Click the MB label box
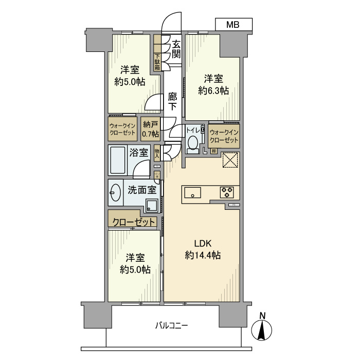[x=233, y=24]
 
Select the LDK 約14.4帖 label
[x=202, y=249]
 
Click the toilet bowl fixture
[x=193, y=142]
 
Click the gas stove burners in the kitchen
[x=227, y=193]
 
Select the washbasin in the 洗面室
[x=115, y=194]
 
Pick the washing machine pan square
[x=151, y=206]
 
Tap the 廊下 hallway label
[x=173, y=101]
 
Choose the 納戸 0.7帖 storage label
[x=150, y=129]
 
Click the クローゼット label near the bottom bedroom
[x=133, y=222]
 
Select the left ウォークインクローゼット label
[x=122, y=129]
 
